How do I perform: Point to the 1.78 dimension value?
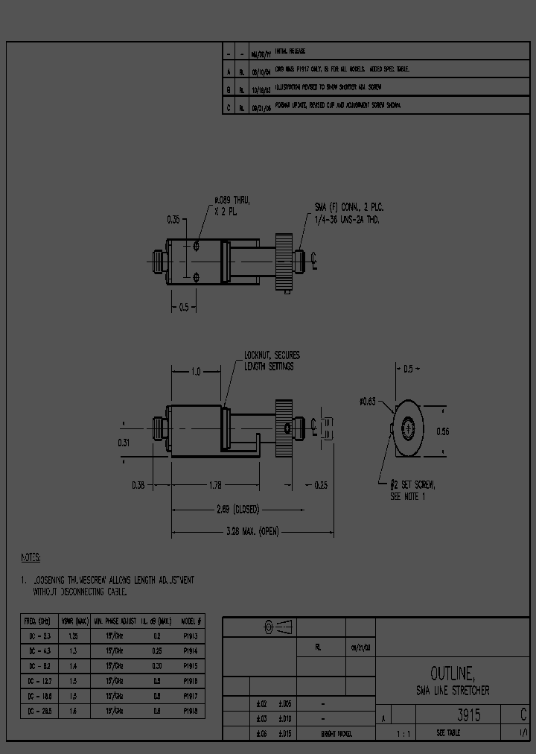(216, 485)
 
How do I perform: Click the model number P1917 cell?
(191, 696)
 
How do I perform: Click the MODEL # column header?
(191, 620)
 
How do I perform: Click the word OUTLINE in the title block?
(452, 674)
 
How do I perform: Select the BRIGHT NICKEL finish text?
(337, 733)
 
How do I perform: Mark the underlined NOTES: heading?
(31, 557)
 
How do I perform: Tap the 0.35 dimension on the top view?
(173, 220)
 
